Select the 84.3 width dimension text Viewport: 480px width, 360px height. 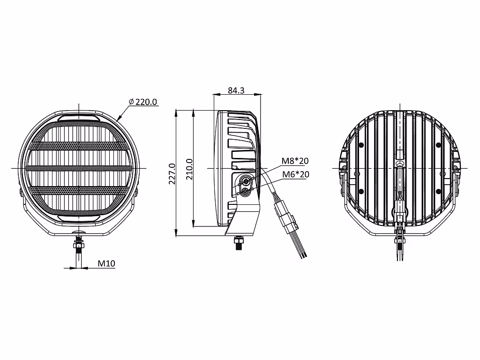tap(236, 90)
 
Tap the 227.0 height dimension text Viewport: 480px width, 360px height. tap(172, 173)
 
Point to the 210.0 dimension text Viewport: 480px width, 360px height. tap(189, 169)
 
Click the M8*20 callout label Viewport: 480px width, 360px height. tap(295, 161)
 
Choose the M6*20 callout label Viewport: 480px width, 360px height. tap(295, 174)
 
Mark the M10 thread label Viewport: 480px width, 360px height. tap(106, 263)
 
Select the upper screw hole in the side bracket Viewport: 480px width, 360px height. tap(246, 181)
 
